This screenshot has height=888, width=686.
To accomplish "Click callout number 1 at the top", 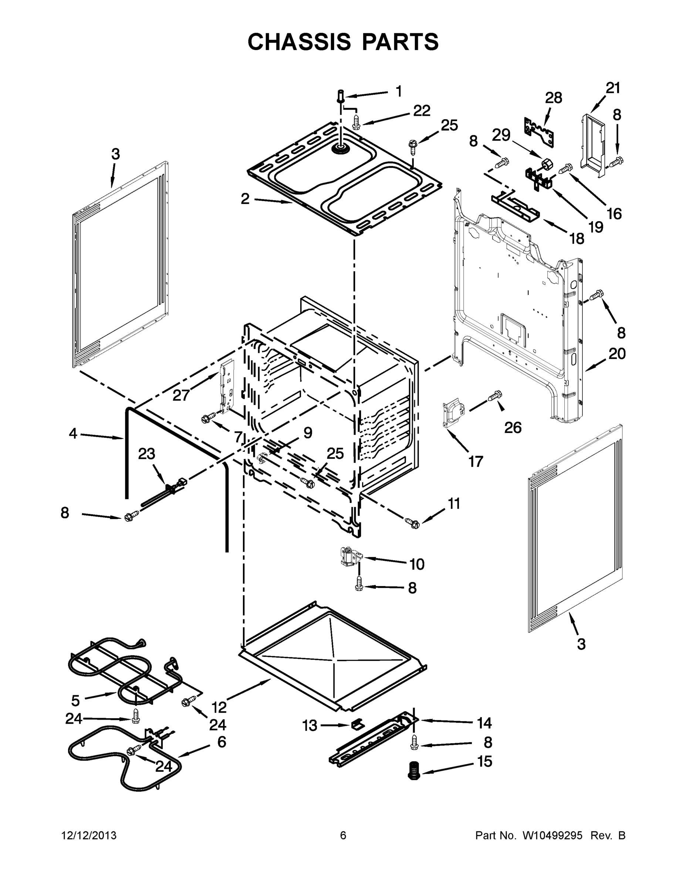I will (x=399, y=91).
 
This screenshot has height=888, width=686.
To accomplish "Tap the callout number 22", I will (x=422, y=111).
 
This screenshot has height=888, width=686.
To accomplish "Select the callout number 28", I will (x=553, y=98).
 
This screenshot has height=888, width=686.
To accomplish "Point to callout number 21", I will (x=613, y=88).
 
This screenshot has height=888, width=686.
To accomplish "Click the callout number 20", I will (x=617, y=354).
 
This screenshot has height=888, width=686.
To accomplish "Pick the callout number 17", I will (x=476, y=461).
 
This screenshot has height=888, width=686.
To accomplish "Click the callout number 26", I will (x=513, y=427).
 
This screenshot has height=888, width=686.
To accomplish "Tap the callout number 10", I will (x=416, y=564).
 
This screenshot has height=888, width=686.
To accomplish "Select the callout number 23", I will (x=146, y=454).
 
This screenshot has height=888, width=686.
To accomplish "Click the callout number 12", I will (x=219, y=707).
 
